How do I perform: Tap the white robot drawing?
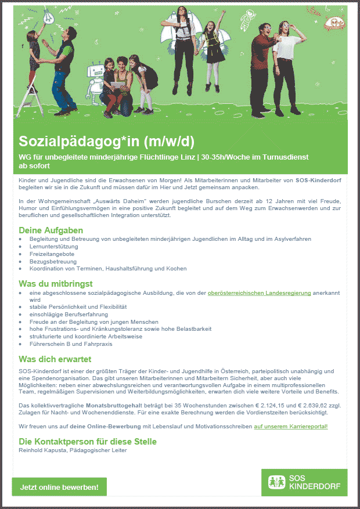[93, 81]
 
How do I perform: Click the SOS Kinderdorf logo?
[304, 482]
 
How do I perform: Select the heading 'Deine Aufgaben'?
[43, 231]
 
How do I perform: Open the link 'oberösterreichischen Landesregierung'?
[259, 293]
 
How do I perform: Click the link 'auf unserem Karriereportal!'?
[291, 427]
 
